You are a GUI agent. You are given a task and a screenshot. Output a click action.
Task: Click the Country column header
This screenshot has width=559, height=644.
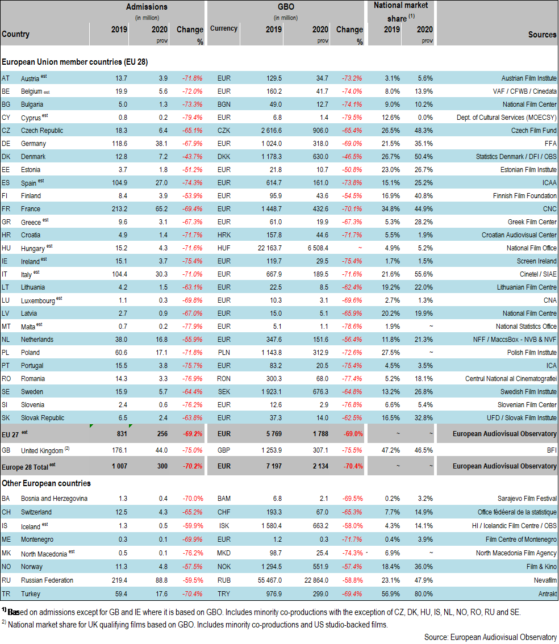16,34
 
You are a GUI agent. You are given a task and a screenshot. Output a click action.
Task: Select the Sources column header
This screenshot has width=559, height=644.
542,35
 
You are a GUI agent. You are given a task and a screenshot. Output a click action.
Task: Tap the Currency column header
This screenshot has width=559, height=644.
223,28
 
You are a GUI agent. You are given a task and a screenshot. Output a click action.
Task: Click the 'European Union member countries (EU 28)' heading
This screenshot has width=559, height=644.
75,61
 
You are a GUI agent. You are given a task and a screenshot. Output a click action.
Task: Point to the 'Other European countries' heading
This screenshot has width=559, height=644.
46,483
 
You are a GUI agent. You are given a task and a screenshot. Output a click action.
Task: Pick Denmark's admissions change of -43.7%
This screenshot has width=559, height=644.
193,157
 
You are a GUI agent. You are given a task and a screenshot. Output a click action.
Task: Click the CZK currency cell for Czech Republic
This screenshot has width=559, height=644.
224,131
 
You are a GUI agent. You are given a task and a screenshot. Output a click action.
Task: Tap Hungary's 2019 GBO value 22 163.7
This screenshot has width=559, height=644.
266,248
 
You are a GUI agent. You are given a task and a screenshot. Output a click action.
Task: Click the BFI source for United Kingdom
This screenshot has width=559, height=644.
550,450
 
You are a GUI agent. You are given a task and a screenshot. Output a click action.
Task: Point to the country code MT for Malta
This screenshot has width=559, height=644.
6,327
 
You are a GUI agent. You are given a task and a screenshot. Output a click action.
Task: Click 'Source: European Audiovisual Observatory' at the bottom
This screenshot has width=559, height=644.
490,637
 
